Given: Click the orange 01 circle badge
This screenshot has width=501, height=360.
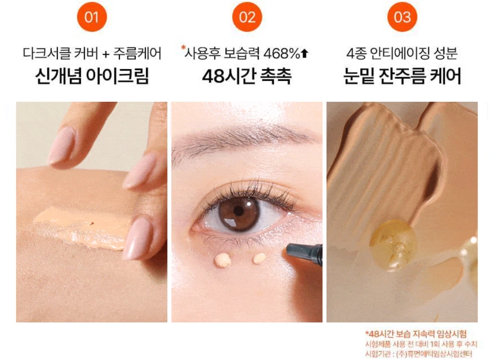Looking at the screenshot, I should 91,17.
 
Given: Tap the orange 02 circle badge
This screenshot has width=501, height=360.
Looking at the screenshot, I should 247,17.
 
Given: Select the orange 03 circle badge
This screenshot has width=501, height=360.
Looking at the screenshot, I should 402,17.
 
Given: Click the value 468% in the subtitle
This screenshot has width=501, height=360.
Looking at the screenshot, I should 282,53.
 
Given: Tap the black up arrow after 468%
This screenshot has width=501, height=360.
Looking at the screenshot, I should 305,53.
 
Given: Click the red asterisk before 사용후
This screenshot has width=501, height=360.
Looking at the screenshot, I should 183,49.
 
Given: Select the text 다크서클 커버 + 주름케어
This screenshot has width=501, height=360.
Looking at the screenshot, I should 92,53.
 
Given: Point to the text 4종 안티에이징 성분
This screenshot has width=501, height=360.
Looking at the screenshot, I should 402,53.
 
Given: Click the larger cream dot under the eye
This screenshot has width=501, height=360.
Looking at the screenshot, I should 223,259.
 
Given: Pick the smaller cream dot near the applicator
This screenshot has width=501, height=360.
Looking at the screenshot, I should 259,258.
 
